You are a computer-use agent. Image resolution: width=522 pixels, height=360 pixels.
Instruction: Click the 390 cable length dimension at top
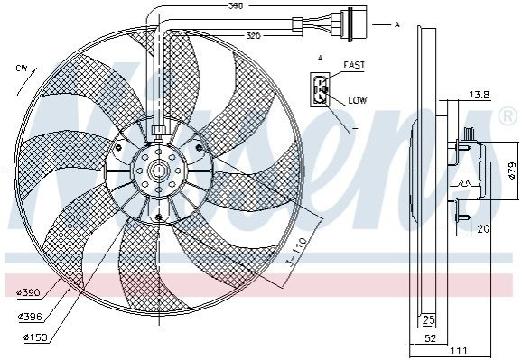(236, 6)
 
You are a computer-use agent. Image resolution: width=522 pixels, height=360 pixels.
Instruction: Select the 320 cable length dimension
(253, 36)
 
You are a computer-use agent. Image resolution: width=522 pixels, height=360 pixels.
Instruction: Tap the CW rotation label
(22, 69)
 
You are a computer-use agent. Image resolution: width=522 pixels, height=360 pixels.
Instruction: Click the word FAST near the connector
(354, 65)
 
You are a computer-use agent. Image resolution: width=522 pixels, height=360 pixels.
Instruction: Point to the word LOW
(358, 100)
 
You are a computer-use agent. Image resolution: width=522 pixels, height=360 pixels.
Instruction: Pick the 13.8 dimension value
(480, 95)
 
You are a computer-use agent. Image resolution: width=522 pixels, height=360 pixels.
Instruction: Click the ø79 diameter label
(513, 171)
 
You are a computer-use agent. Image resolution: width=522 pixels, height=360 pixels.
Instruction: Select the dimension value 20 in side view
(483, 229)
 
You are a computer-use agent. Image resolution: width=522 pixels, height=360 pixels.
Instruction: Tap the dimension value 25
(428, 320)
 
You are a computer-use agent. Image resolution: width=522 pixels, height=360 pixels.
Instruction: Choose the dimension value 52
(430, 338)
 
